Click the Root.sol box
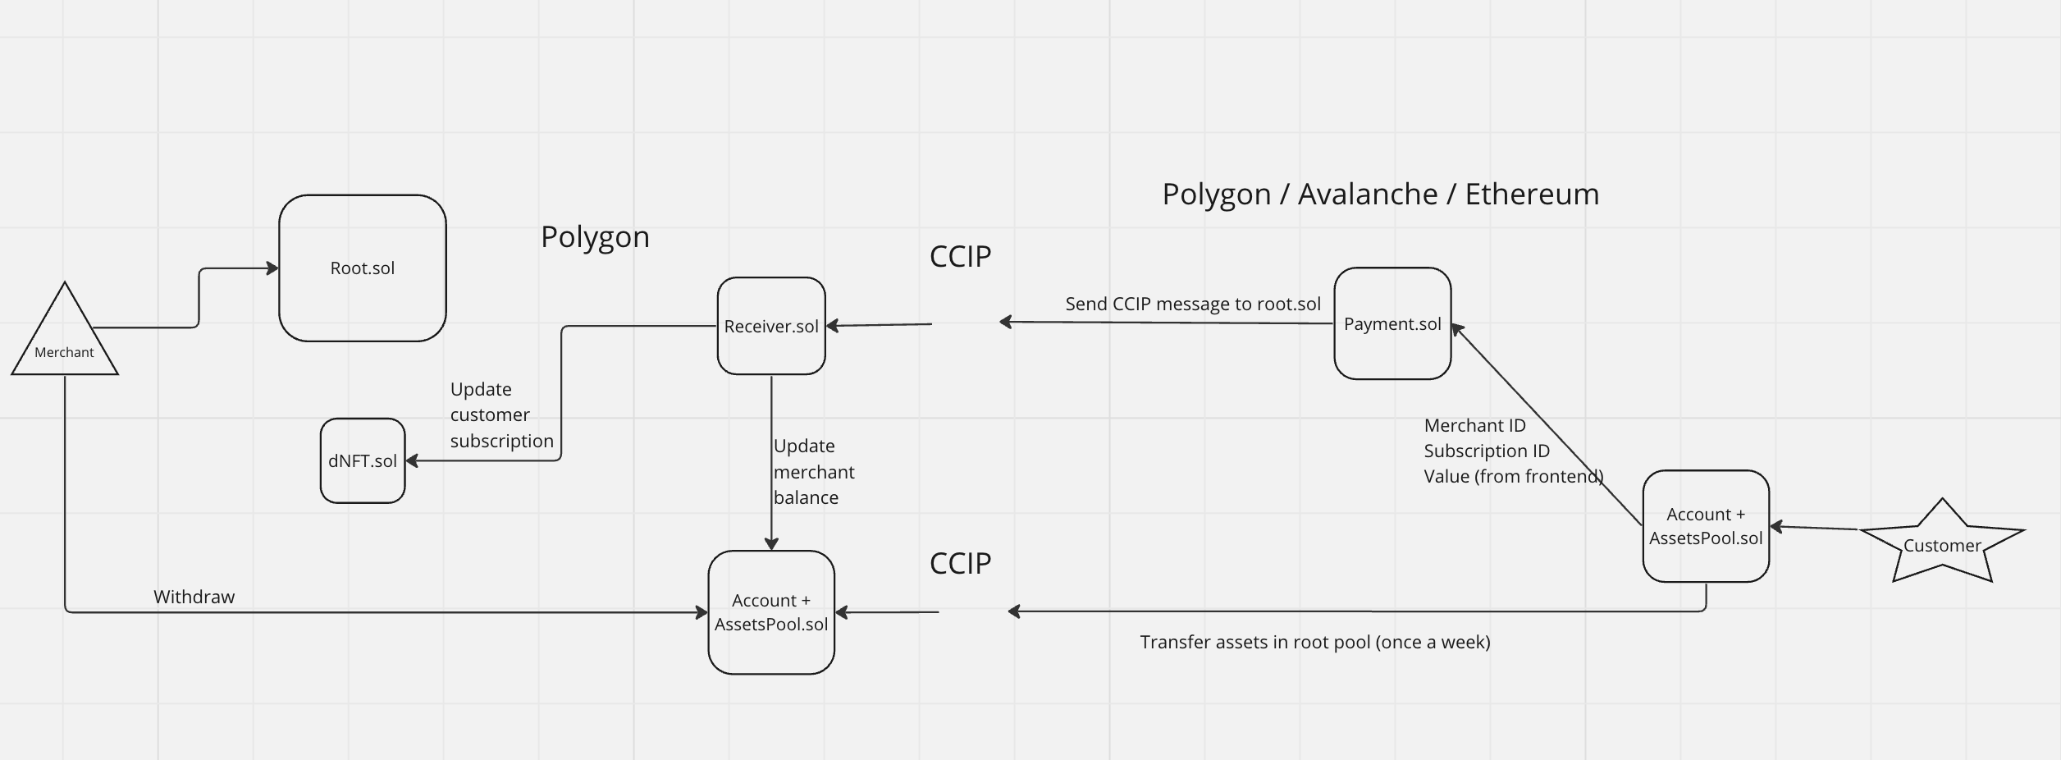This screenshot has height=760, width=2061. [x=362, y=268]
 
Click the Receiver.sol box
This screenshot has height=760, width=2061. [x=771, y=326]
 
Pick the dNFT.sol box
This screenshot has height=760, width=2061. [x=363, y=460]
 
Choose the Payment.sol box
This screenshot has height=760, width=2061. [x=1392, y=323]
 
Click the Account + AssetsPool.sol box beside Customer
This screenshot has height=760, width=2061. [x=1706, y=526]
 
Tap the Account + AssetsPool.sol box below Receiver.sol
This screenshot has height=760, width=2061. [x=771, y=612]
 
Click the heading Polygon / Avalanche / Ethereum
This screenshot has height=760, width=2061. [x=1381, y=195]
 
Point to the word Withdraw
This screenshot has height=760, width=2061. [x=194, y=597]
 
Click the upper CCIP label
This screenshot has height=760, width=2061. [x=960, y=257]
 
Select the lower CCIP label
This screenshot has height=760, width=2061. [x=960, y=563]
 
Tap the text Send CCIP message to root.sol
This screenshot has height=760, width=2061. [x=1193, y=304]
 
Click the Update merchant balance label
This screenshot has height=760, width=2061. [x=814, y=471]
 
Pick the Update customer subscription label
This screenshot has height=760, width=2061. [x=501, y=414]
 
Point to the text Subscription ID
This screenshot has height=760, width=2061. [x=1487, y=451]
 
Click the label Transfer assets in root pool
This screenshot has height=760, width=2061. [x=1314, y=642]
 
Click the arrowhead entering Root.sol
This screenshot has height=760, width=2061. [x=272, y=268]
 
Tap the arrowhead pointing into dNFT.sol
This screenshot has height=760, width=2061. [x=413, y=460]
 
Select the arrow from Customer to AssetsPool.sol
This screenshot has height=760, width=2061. [x=1813, y=528]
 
